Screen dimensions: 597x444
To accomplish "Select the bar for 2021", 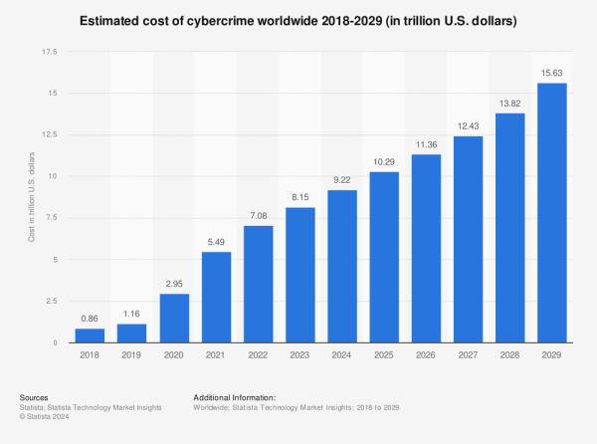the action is click(x=216, y=297).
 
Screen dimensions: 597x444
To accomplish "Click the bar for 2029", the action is click(x=551, y=213).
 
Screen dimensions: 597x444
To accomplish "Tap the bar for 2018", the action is click(x=90, y=335).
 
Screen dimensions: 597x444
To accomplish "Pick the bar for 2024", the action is click(x=342, y=266).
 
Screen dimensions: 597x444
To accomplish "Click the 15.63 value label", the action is click(x=551, y=73).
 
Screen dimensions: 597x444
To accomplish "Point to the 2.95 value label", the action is click(x=174, y=284).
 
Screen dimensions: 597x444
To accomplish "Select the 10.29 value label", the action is click(x=384, y=162).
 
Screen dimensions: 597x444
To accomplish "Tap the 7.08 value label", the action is click(x=259, y=216).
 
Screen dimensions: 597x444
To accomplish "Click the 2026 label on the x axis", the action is click(x=426, y=354).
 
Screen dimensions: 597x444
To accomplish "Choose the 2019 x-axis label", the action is click(x=131, y=354).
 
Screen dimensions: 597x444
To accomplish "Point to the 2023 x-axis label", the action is click(x=299, y=354).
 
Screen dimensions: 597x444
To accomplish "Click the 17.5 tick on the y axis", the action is click(x=50, y=52).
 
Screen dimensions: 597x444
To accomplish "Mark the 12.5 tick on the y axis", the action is click(x=50, y=134).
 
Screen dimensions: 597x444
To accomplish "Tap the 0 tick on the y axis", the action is click(x=55, y=342).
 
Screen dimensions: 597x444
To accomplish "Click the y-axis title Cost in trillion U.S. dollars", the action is click(x=31, y=197).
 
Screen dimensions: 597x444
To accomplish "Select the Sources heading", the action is click(x=34, y=397).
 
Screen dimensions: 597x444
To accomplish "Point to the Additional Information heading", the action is click(x=235, y=397).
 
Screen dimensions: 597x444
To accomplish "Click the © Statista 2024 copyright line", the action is click(x=44, y=416).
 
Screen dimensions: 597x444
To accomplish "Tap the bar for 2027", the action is click(x=469, y=240).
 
